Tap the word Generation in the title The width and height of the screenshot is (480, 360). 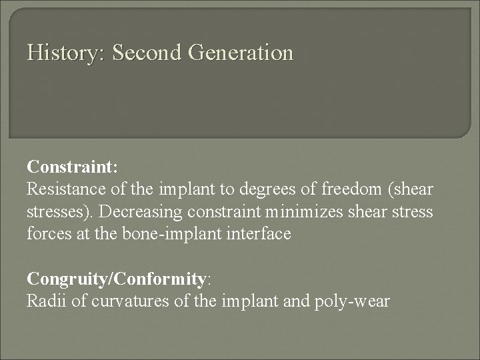click(241, 53)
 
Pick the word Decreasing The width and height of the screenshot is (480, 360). click(134, 212)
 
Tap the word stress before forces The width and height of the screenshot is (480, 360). click(413, 212)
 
